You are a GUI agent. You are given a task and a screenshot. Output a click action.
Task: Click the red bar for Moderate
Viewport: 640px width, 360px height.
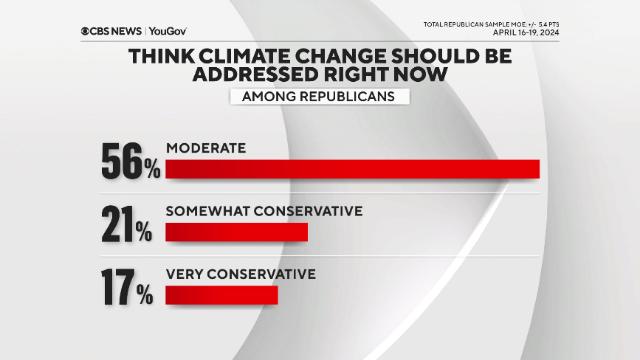click(x=352, y=168)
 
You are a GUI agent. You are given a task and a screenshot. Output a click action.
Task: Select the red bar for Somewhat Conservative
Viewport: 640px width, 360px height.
click(x=236, y=232)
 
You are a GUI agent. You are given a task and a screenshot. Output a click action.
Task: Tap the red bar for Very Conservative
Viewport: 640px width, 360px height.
click(x=221, y=295)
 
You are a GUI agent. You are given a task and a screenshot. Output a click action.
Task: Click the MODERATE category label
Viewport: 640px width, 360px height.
click(x=205, y=148)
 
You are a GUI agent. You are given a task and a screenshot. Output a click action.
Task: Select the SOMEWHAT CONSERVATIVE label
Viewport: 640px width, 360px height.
click(x=264, y=211)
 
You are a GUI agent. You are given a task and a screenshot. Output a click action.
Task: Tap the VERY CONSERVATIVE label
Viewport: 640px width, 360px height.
click(x=241, y=274)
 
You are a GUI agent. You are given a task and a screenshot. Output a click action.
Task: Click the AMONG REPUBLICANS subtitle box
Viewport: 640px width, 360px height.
click(x=320, y=96)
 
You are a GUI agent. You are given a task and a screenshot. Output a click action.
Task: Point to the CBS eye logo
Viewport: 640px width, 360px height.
click(x=86, y=31)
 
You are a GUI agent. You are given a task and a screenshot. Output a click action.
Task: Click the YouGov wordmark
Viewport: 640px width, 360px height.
click(x=168, y=31)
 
